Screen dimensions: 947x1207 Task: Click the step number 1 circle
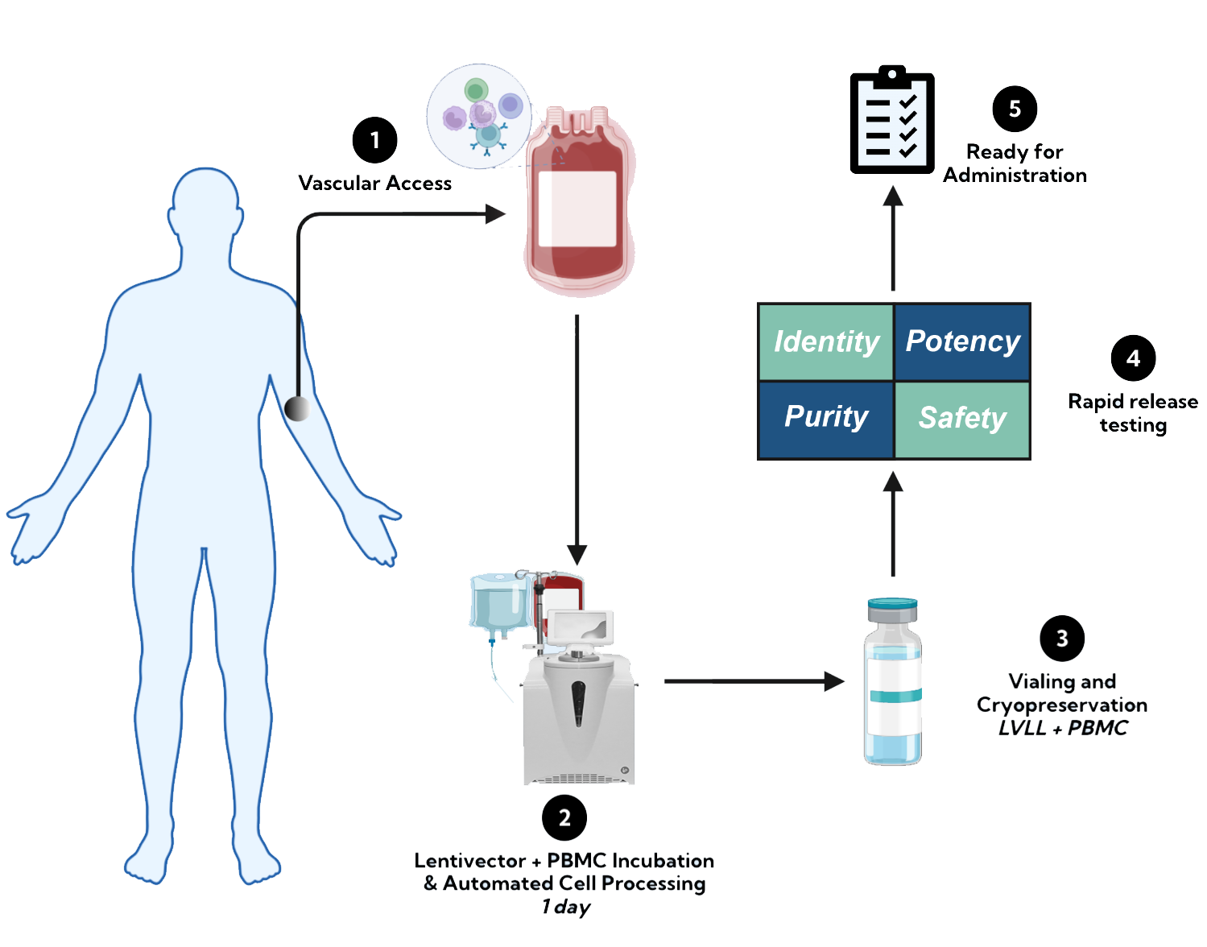pyautogui.click(x=375, y=140)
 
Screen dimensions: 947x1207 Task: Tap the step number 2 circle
pyautogui.click(x=565, y=817)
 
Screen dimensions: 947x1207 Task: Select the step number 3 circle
pyautogui.click(x=1063, y=639)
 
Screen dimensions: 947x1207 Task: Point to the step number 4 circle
pyautogui.click(x=1134, y=358)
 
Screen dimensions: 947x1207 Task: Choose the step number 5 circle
pyautogui.click(x=1015, y=109)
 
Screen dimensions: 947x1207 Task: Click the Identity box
pyautogui.click(x=826, y=341)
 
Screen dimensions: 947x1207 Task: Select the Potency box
pyautogui.click(x=962, y=341)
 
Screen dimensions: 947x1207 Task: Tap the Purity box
pyautogui.click(x=826, y=418)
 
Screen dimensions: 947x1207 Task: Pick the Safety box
pyautogui.click(x=962, y=418)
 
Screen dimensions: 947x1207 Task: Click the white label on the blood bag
pyautogui.click(x=577, y=209)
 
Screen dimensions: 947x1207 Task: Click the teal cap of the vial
pyautogui.click(x=892, y=605)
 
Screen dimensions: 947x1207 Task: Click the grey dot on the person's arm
pyautogui.click(x=297, y=408)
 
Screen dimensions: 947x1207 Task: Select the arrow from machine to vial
pyautogui.click(x=757, y=681)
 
